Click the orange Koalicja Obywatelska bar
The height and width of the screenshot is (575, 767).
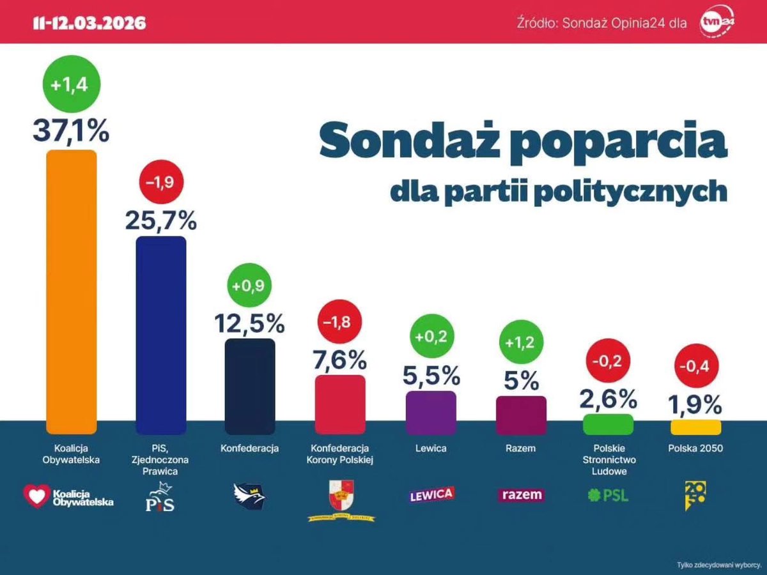(x=72, y=291)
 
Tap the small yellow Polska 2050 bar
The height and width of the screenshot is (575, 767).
(x=695, y=427)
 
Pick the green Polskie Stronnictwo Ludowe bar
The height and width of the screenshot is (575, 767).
(x=608, y=424)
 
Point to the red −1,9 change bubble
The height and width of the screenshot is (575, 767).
(x=161, y=184)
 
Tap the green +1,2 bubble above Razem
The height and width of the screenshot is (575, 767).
(x=520, y=341)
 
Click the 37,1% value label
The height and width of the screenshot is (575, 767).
(x=71, y=132)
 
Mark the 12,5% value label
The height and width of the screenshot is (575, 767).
(x=249, y=323)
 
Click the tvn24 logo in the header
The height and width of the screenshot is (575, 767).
(x=718, y=23)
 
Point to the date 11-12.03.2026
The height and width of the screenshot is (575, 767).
(x=89, y=24)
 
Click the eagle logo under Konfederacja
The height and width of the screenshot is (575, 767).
(x=249, y=495)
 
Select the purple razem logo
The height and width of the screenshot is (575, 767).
(x=521, y=494)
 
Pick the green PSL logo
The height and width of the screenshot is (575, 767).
(x=607, y=494)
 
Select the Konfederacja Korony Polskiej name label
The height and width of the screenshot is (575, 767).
(x=340, y=454)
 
